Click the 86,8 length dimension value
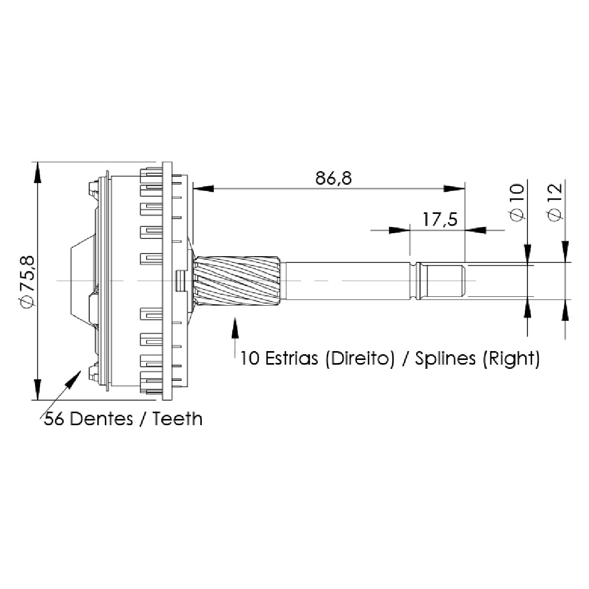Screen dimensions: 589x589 click(x=333, y=178)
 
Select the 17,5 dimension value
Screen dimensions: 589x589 click(x=440, y=219)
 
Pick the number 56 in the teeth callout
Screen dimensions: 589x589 click(x=54, y=419)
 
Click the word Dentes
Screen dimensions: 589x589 click(x=101, y=419)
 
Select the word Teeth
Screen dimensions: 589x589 click(x=177, y=418)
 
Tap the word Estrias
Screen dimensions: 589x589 click(x=292, y=358)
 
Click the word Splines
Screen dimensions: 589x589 click(x=445, y=358)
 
